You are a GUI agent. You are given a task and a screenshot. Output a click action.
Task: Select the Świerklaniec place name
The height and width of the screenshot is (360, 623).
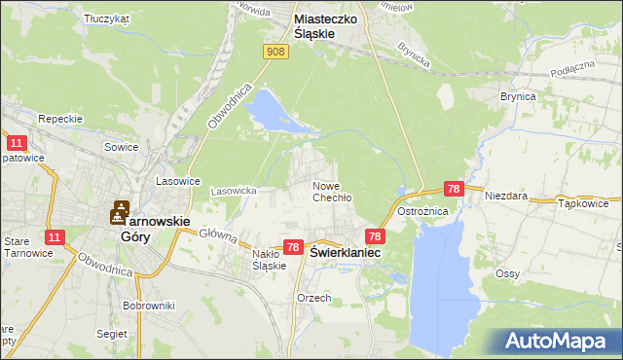[345, 251]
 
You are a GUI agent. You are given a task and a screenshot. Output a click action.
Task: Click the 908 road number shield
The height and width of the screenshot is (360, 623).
[275, 52]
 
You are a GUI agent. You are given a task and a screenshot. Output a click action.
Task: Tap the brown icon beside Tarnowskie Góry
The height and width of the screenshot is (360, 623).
[120, 210]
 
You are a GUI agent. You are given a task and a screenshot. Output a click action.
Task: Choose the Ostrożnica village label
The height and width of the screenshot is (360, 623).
[422, 211]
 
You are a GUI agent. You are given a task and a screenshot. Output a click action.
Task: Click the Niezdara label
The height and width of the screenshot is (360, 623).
[508, 196]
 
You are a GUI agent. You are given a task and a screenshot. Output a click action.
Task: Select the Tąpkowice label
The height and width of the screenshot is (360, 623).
[584, 204]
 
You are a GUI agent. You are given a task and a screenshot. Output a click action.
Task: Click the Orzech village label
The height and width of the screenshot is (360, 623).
[314, 298]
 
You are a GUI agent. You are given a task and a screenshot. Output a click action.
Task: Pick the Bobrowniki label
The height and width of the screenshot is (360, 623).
[149, 306]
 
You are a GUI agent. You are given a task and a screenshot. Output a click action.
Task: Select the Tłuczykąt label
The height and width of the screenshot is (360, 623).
[107, 18]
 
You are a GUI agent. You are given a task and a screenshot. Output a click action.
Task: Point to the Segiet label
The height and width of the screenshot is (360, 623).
[112, 333]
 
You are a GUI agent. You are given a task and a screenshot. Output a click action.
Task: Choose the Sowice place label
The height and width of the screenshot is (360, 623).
[122, 147]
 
